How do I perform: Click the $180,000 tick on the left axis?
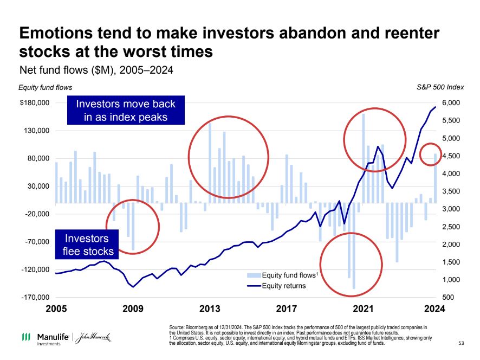tap(35, 103)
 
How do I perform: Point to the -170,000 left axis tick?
tap(35, 298)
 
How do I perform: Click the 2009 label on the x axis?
tap(133, 309)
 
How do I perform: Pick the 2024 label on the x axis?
tap(434, 309)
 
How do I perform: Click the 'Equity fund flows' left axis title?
tap(45, 87)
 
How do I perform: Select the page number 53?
tap(461, 343)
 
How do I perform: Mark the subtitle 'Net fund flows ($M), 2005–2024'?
tap(96, 70)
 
